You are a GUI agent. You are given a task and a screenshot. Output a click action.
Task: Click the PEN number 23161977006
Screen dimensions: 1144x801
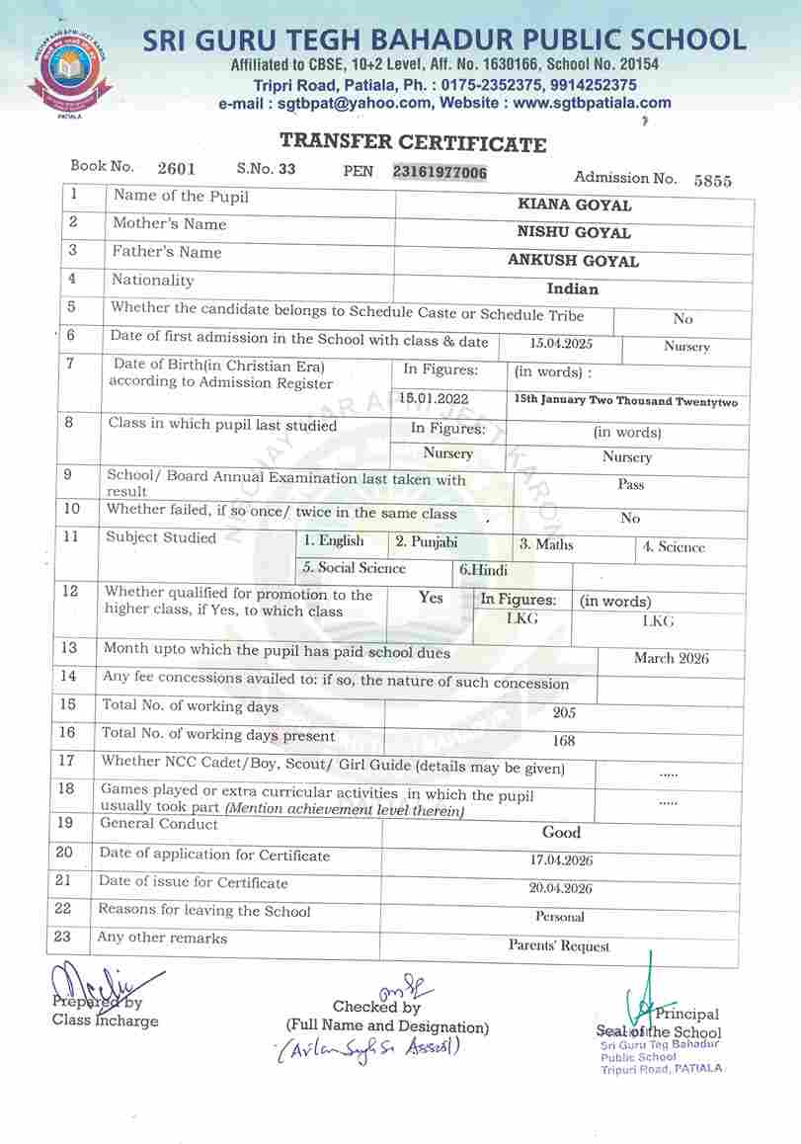pos(440,172)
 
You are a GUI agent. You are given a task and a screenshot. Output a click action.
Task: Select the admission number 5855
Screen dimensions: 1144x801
pos(712,180)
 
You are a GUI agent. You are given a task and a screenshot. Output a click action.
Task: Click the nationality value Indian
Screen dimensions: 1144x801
pos(573,289)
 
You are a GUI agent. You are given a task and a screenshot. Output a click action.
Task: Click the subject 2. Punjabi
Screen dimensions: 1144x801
pos(427,541)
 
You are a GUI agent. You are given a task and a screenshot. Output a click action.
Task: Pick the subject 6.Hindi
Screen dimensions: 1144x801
pos(483,570)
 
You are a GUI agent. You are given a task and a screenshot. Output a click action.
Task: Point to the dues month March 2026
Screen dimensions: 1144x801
pos(671,658)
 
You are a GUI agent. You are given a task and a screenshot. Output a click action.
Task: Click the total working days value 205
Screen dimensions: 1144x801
pos(564,712)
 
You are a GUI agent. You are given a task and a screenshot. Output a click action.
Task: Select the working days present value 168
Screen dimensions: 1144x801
pos(564,740)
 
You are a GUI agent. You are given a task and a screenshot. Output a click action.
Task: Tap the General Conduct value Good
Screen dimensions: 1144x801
pos(562,833)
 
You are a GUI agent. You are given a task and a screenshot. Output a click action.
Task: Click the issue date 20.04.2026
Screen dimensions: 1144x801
pos(560,888)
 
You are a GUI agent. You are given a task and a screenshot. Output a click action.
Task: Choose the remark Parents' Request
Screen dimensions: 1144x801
pos(559,946)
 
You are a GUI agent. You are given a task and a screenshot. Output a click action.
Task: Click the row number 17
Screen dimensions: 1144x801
pos(66,761)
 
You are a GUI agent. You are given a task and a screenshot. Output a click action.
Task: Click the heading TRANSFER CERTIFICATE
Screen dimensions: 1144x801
pos(413,144)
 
